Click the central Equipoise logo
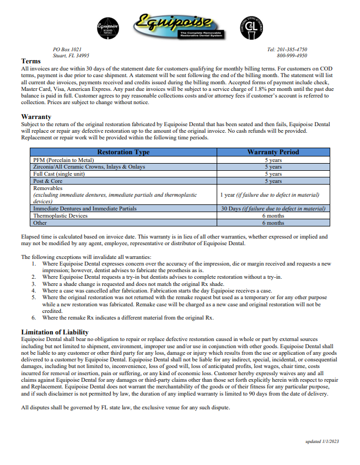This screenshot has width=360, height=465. point(175,26)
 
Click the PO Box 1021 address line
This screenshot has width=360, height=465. point(67,50)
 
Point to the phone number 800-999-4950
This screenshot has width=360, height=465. point(292,56)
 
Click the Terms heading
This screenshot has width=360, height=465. point(31,61)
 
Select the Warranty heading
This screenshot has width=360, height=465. point(36,117)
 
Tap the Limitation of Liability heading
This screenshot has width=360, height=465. point(55,332)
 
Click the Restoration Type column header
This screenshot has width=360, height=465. point(123,152)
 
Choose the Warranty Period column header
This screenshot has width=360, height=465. point(273,152)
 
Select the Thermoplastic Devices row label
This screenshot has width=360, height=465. point(60,216)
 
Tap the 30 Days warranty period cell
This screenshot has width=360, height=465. point(273,209)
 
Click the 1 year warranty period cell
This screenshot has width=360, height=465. point(270,195)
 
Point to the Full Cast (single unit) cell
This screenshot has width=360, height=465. point(60,174)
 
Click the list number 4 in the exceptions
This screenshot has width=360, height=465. point(34,290)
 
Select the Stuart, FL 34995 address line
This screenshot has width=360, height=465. point(71,56)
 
